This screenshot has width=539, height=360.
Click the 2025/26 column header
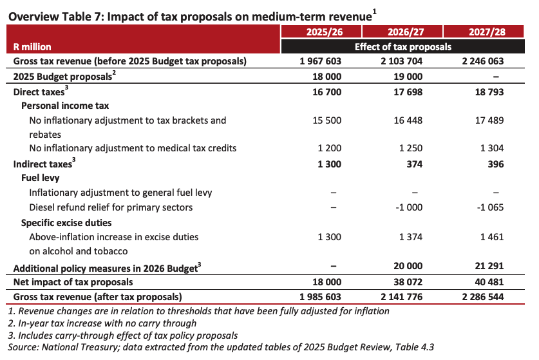[325, 32]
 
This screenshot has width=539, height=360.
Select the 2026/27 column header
[406, 32]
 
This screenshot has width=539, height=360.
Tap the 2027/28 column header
[487, 32]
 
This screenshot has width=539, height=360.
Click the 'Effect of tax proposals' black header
[403, 47]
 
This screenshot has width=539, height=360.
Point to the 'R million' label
[32, 47]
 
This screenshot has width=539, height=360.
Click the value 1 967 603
[321, 61]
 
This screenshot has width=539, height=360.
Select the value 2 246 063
[483, 61]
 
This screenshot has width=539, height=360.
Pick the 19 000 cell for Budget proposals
[408, 77]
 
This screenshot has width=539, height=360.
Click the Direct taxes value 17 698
[408, 92]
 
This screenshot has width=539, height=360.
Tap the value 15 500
[327, 120]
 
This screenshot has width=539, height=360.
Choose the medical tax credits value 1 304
[492, 148]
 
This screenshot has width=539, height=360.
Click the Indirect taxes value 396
[496, 164]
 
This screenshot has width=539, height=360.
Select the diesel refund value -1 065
[490, 207]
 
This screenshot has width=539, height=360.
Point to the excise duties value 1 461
[492, 237]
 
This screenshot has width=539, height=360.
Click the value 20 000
[408, 266]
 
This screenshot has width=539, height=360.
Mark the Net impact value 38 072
[408, 282]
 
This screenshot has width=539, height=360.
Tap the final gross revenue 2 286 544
[483, 297]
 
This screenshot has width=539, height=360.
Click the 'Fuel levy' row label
[40, 178]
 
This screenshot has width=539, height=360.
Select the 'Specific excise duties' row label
[66, 223]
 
